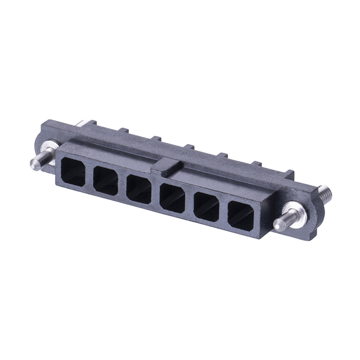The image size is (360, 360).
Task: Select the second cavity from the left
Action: click(106, 181)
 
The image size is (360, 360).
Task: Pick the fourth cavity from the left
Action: click(172, 198)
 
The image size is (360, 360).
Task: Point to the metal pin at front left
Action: click(37, 163)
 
